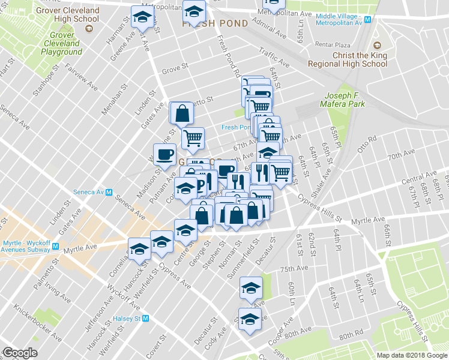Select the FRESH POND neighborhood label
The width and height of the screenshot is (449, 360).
pyautogui.click(x=215, y=23)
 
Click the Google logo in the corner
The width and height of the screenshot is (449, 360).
pyautogui.click(x=19, y=353)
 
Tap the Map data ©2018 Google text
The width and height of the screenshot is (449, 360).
pyautogui.click(x=411, y=355)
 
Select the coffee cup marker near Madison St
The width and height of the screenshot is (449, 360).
pyautogui.click(x=164, y=155)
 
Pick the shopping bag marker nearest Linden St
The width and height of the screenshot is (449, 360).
pyautogui.click(x=182, y=112)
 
